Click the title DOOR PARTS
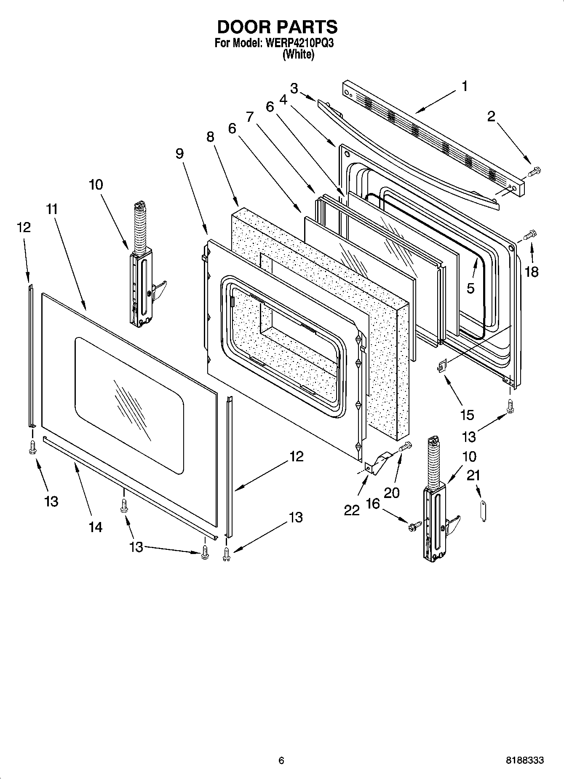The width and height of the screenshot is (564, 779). (x=277, y=27)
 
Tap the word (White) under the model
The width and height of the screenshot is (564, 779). (x=298, y=54)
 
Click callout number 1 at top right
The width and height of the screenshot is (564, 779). (x=464, y=86)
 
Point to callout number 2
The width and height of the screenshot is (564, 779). (x=491, y=117)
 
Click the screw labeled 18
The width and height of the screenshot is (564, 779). (x=530, y=234)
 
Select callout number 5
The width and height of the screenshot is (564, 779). (x=470, y=288)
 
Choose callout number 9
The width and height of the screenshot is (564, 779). (x=179, y=154)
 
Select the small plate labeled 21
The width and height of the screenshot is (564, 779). (x=483, y=512)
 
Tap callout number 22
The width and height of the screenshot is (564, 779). (x=352, y=510)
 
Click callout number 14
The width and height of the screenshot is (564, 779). (x=96, y=527)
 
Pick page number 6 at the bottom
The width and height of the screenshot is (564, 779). (x=281, y=760)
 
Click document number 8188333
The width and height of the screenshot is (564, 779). (x=524, y=760)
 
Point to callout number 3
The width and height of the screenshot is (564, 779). (x=294, y=88)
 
